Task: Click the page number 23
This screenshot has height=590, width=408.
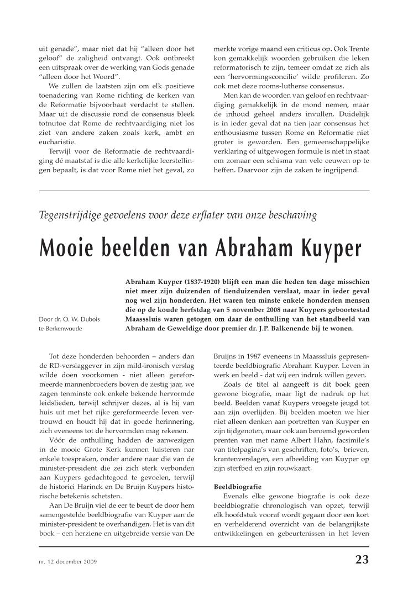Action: click(x=362, y=560)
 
